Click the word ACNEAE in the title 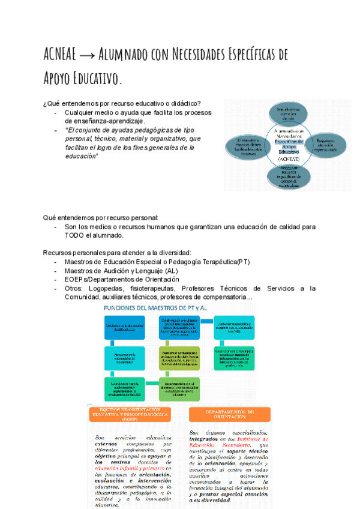point(60,55)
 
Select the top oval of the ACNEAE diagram point(287,113)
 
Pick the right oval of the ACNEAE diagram point(324,145)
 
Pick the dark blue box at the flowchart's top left point(125,326)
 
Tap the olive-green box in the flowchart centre point(179,356)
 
